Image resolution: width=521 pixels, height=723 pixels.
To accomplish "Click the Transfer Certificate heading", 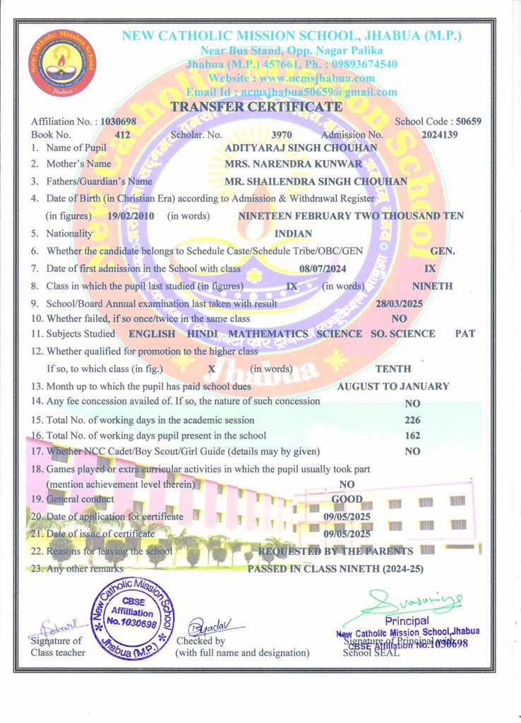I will [256, 107].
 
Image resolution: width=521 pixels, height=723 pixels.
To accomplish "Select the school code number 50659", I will [469, 121].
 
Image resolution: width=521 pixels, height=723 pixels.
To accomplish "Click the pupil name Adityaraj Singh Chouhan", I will [300, 148].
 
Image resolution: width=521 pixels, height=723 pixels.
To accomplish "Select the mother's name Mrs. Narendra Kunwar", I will [293, 164].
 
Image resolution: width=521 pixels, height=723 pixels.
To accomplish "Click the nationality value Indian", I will [292, 233].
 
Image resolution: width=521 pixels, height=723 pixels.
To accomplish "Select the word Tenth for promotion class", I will [393, 369].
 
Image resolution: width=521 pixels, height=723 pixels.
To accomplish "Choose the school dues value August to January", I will [393, 386].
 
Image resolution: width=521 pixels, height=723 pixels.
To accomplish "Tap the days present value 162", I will [412, 436].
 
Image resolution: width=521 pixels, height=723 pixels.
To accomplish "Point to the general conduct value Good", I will [347, 499].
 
